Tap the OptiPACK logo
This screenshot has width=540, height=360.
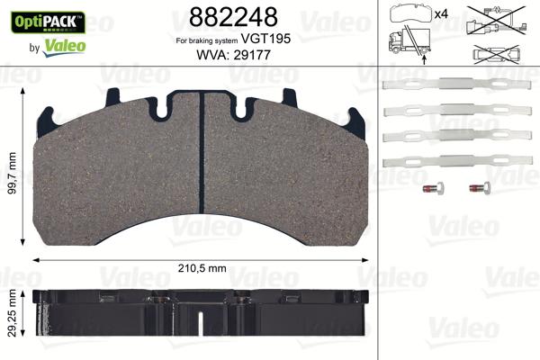[45, 19]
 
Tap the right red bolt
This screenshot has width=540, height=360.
[477, 189]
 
